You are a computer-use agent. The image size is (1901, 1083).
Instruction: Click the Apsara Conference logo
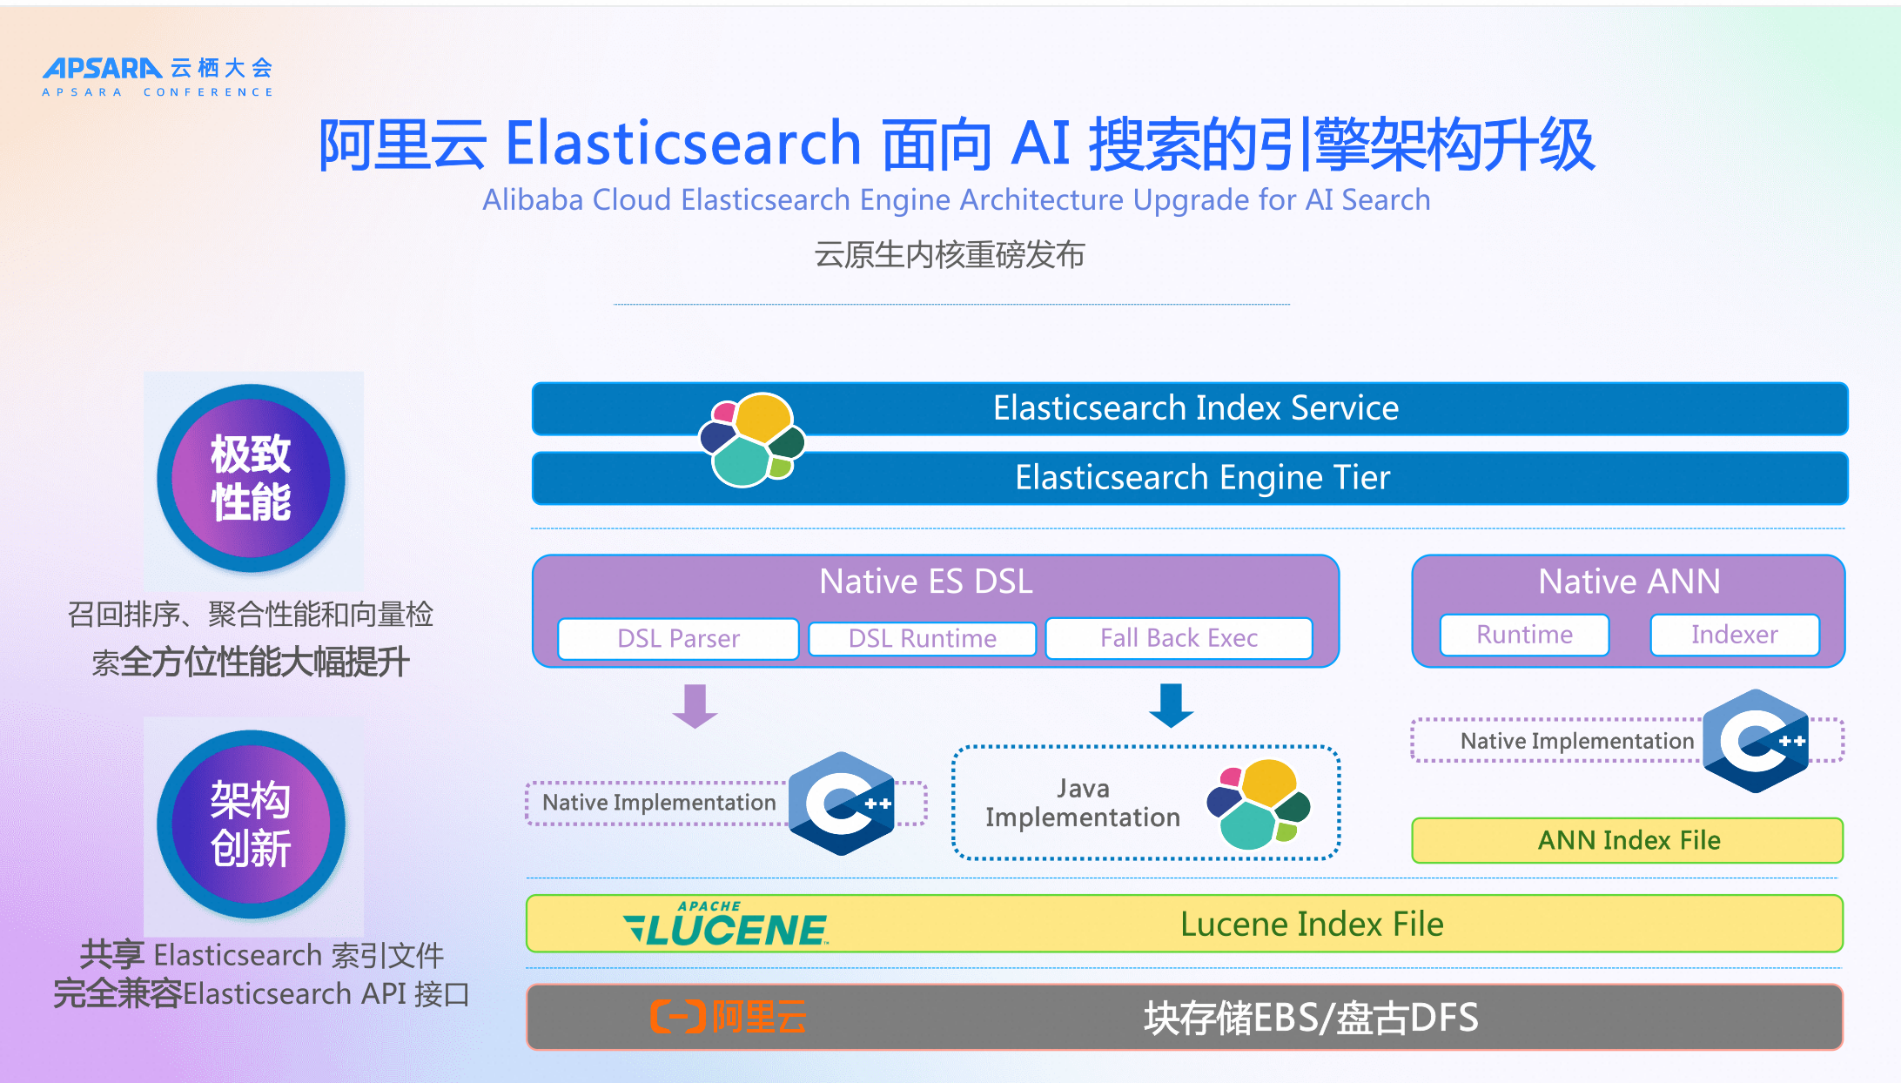158,77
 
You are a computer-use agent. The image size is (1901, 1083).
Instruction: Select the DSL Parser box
678,638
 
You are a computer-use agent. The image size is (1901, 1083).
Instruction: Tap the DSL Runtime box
922,638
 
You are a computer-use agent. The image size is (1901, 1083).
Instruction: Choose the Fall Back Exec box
1179,638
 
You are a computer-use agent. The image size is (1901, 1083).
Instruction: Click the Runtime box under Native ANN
1524,635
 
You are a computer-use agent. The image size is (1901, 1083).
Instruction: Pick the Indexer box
1734,635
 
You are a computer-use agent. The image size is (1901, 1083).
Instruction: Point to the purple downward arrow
695,705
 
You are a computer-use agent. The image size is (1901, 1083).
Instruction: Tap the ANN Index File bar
1628,840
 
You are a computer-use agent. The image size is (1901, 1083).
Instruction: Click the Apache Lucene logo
726,925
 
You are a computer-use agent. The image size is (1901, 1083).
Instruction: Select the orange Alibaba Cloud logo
729,1017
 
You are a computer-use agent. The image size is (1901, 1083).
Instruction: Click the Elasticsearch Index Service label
1196,408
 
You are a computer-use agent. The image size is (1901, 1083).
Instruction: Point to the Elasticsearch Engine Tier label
1202,478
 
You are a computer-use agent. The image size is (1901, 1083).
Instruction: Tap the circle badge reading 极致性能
251,478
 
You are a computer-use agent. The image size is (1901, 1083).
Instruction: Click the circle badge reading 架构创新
251,824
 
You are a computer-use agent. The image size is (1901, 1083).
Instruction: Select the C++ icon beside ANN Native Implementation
1756,741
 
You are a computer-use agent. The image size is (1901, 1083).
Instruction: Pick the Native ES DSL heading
926,582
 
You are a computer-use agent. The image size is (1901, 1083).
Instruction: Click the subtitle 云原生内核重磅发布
950,255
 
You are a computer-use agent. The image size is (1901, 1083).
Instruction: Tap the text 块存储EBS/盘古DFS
1311,1018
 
